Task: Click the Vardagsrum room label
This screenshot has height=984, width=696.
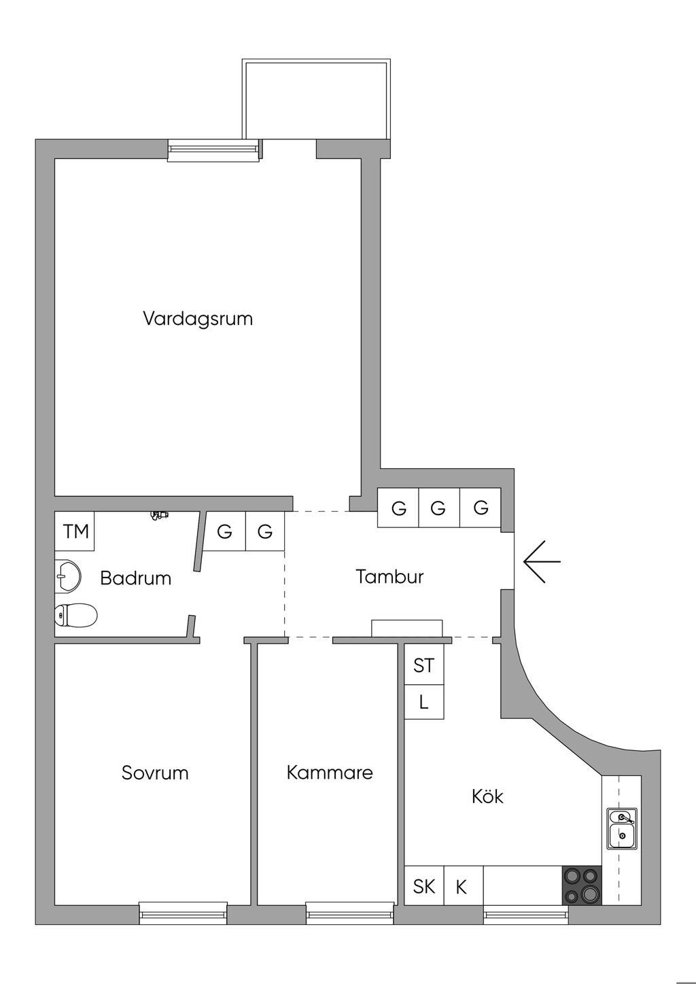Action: coord(198,319)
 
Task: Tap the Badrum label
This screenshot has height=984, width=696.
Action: coord(136,578)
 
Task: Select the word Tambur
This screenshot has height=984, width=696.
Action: coord(389,577)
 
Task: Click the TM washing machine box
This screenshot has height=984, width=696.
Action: coord(75,531)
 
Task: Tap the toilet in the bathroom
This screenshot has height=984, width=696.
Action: coord(75,614)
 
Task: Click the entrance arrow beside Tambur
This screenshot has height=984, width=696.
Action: coord(542,561)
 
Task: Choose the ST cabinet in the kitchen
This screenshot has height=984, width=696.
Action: coord(423,665)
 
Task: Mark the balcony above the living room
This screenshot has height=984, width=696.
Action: coord(316,99)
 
